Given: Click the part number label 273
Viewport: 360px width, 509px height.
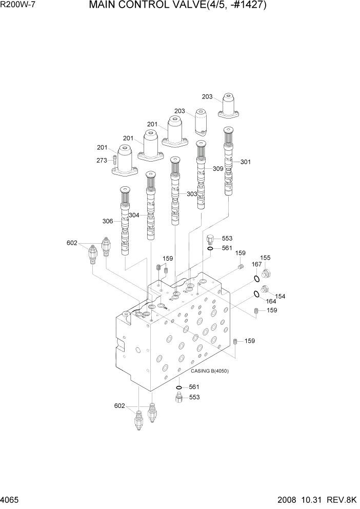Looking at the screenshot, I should (x=102, y=161).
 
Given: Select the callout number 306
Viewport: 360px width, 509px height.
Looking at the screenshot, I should (x=108, y=221).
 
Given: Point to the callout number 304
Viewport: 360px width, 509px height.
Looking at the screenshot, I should (x=134, y=215).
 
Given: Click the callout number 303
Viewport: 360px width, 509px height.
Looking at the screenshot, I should (x=192, y=194).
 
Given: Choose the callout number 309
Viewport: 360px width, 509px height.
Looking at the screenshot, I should (x=218, y=168).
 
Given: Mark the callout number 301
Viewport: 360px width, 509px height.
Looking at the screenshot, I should (x=246, y=162).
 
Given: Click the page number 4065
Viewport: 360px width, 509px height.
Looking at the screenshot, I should (x=11, y=501).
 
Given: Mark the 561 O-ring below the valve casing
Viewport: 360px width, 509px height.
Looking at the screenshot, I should (x=178, y=387).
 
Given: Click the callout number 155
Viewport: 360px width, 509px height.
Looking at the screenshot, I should (x=265, y=258).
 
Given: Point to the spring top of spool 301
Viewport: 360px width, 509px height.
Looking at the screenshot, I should (x=229, y=136).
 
